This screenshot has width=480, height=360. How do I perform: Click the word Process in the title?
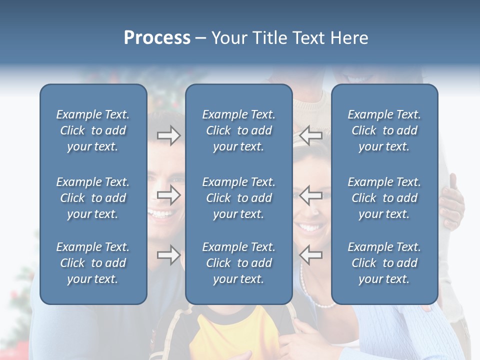point(157,38)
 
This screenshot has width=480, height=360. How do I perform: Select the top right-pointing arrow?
point(168,135)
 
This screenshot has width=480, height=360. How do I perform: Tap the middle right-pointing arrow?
point(168,195)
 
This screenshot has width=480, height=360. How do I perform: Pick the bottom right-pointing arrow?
point(168,255)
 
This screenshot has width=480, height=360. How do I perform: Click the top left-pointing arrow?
point(310,135)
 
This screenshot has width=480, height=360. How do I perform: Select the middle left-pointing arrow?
point(310,195)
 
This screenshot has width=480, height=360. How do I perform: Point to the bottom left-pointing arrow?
point(310,255)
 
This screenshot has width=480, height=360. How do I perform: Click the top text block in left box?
point(93,130)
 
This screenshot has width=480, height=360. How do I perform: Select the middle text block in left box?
point(93,198)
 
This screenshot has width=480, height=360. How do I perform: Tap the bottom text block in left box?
point(93,263)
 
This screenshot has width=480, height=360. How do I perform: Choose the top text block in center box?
point(239,130)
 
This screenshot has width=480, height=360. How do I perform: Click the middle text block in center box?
point(239,198)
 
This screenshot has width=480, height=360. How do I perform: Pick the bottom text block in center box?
point(239,263)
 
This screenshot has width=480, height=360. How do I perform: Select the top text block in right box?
point(384,130)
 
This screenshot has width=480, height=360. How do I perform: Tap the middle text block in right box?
point(384,198)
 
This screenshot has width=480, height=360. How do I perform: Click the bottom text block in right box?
point(384,263)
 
